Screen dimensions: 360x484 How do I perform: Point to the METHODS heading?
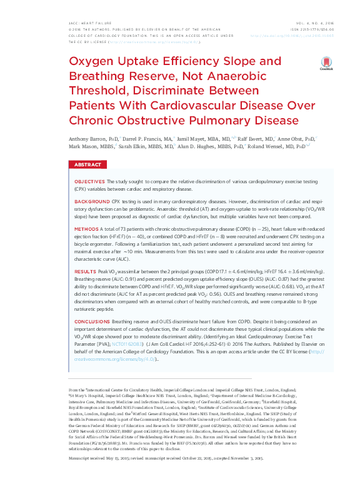pos(85,229)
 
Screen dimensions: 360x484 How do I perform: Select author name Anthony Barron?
pos(86,138)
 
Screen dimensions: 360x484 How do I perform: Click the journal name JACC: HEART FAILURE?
pos(86,23)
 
